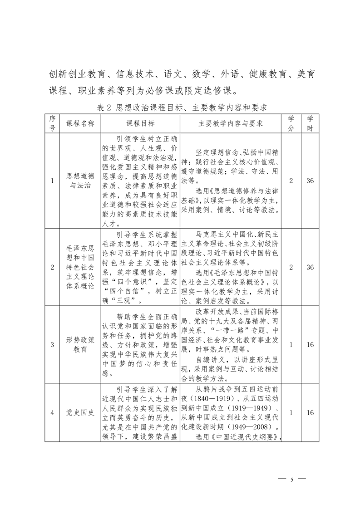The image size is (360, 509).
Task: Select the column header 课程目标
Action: point(140,123)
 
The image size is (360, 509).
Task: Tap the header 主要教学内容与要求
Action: point(231,123)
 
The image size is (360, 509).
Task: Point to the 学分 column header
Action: point(291,123)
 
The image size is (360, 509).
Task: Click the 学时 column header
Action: point(310,123)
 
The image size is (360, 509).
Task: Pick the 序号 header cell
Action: point(52,123)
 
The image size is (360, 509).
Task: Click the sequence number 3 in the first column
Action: point(52,345)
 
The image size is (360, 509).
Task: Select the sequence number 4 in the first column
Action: point(52,412)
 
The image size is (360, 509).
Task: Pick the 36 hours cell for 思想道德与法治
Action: point(310,181)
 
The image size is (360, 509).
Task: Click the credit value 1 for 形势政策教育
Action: point(291,345)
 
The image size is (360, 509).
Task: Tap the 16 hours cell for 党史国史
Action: point(310,412)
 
